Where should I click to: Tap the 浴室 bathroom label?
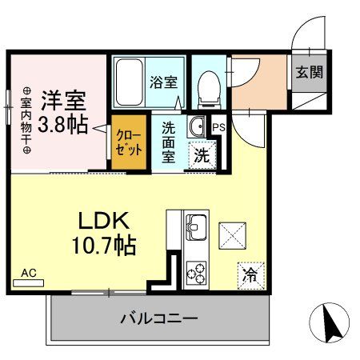163,80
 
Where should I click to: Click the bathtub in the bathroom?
129,82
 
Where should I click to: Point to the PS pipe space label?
218,125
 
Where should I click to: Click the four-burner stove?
195,271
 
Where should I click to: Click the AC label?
29,274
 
